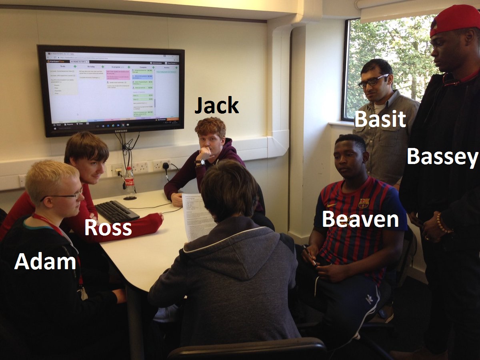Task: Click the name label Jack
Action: (216, 106)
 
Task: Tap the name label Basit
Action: (380, 119)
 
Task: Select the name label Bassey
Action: (442, 156)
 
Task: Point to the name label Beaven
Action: (360, 220)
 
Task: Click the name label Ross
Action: (108, 228)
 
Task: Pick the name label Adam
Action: (45, 262)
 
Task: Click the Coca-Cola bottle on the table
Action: (129, 183)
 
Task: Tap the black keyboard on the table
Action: (116, 211)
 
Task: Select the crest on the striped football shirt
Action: (364, 203)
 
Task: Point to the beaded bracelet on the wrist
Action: (443, 223)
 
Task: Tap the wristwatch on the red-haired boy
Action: (200, 162)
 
